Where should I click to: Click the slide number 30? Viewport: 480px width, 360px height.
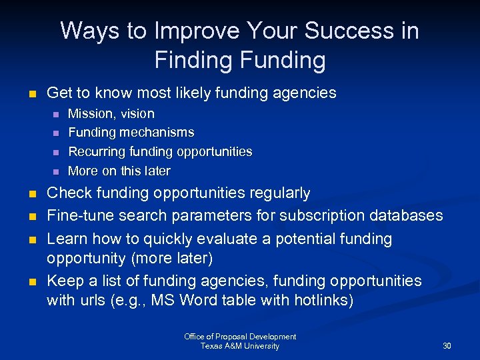coord(447,346)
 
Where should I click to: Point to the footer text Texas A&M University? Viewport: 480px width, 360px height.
coord(240,346)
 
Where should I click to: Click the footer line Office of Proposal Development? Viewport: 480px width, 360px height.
coord(240,337)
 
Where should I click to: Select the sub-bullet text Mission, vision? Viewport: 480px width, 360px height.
coord(111,114)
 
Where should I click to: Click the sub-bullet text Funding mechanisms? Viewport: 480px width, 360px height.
coord(131,133)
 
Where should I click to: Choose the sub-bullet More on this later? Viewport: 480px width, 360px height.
coord(119,171)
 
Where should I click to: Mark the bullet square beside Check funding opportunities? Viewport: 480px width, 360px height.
coord(32,195)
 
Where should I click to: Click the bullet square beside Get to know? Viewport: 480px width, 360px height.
coord(32,94)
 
